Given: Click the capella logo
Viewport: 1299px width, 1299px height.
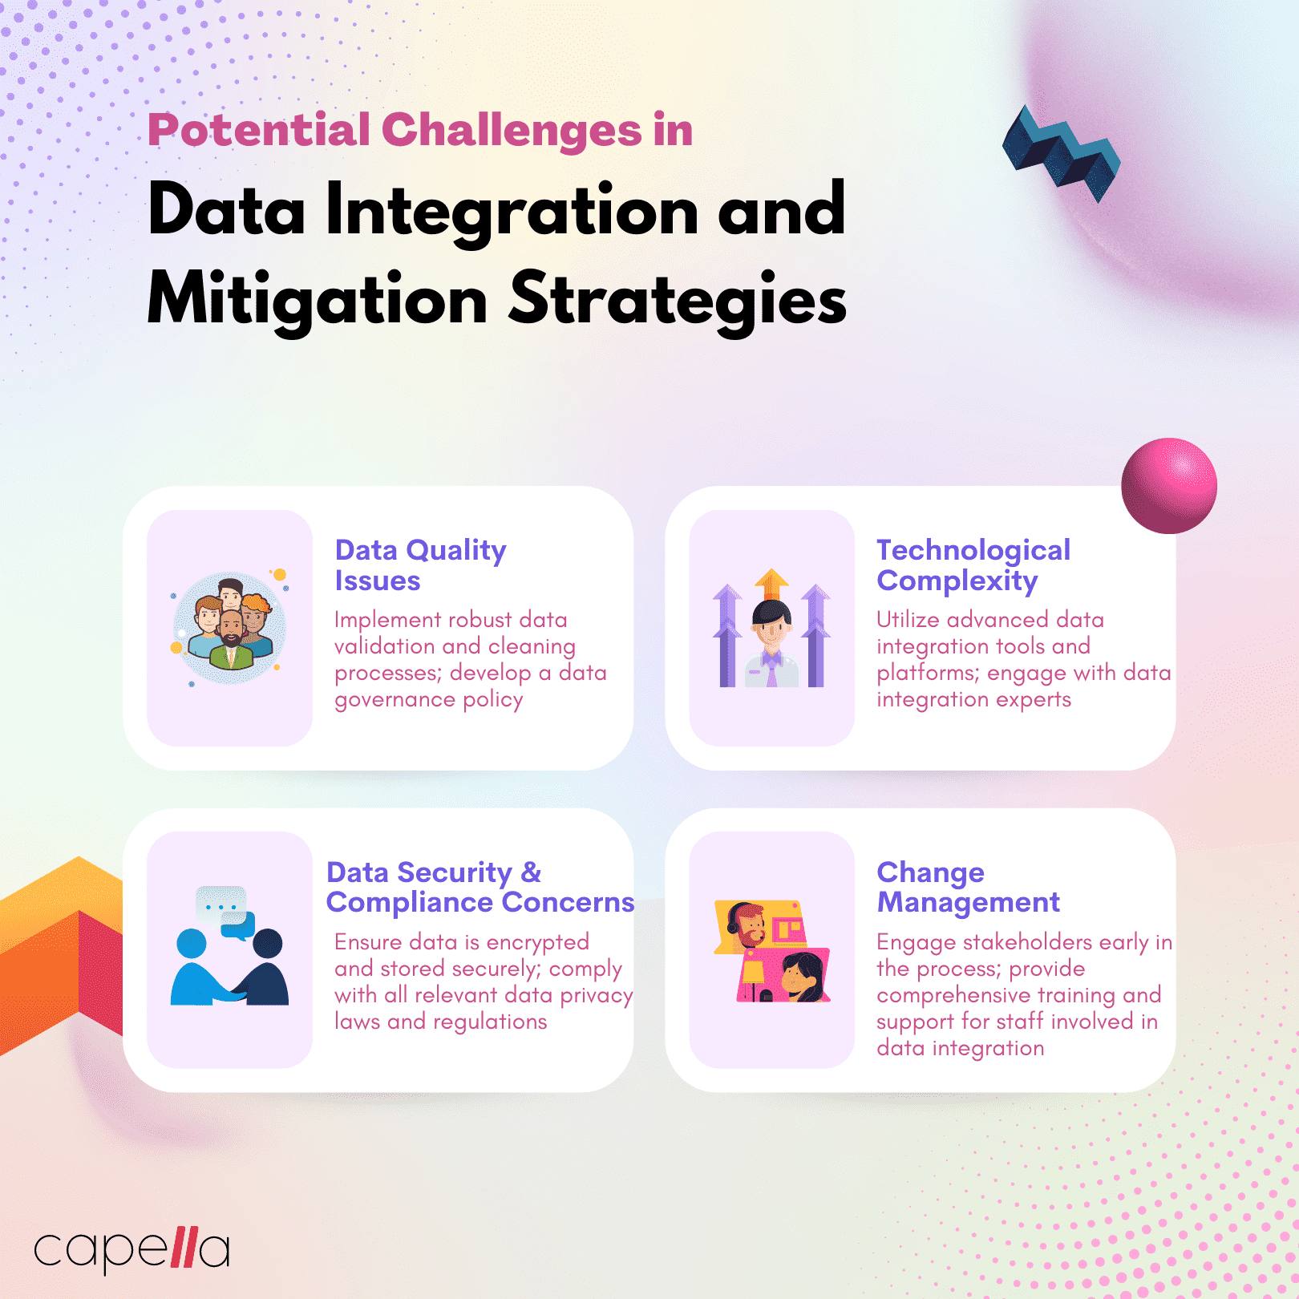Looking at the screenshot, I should (132, 1248).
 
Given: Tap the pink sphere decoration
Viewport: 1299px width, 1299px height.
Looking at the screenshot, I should (1168, 486).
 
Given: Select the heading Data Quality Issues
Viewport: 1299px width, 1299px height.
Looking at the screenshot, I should (420, 565).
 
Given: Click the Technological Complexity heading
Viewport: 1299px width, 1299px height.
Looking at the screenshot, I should (973, 565).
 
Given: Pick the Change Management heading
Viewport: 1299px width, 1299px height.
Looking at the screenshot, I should (968, 887).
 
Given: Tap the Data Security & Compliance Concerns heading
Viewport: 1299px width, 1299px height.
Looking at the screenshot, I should (480, 887).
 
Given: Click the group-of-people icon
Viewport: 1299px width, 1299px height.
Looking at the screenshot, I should (229, 628).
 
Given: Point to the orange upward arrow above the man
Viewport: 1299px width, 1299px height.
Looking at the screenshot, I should (771, 583).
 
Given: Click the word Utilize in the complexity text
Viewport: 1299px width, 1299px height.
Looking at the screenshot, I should (908, 620).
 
